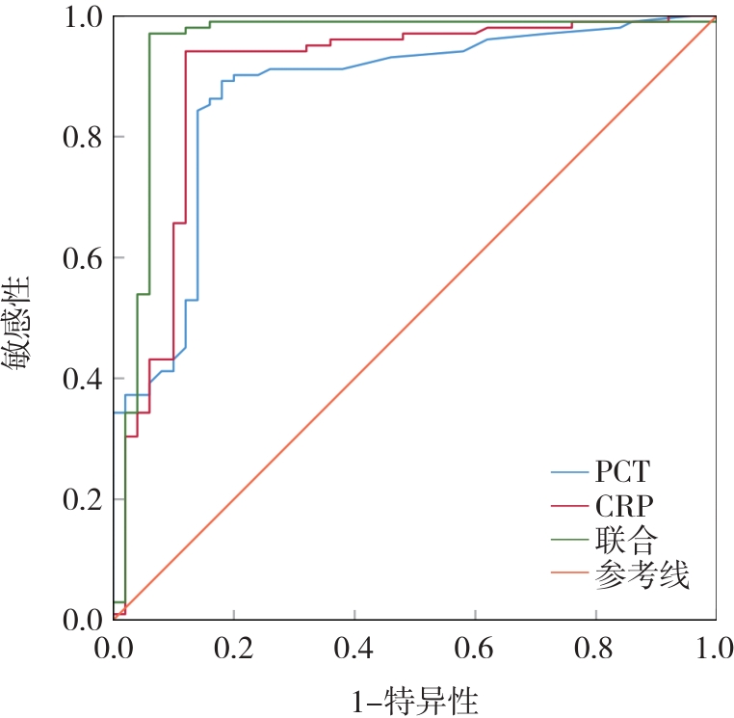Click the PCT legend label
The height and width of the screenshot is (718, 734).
pos(622,472)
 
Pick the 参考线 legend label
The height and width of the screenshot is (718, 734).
pos(642,576)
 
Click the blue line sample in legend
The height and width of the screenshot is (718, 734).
pos(569,473)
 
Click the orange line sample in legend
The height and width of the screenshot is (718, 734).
pos(569,577)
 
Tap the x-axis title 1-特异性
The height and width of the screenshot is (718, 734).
pos(415,699)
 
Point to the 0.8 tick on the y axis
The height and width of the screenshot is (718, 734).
pos(81,137)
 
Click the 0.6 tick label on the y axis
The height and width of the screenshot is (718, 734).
pos(81,257)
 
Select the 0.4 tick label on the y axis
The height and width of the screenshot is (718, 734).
pos(81,379)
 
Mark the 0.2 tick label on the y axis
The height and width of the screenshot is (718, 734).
pos(81,499)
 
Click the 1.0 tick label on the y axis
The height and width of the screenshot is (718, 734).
pos(81,17)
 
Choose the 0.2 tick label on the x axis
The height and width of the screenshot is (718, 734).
pos(234,645)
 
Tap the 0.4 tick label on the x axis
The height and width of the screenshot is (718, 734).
pos(354,645)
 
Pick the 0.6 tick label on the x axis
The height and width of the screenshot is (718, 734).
pos(475,645)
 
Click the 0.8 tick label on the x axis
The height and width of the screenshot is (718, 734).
pos(595,645)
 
